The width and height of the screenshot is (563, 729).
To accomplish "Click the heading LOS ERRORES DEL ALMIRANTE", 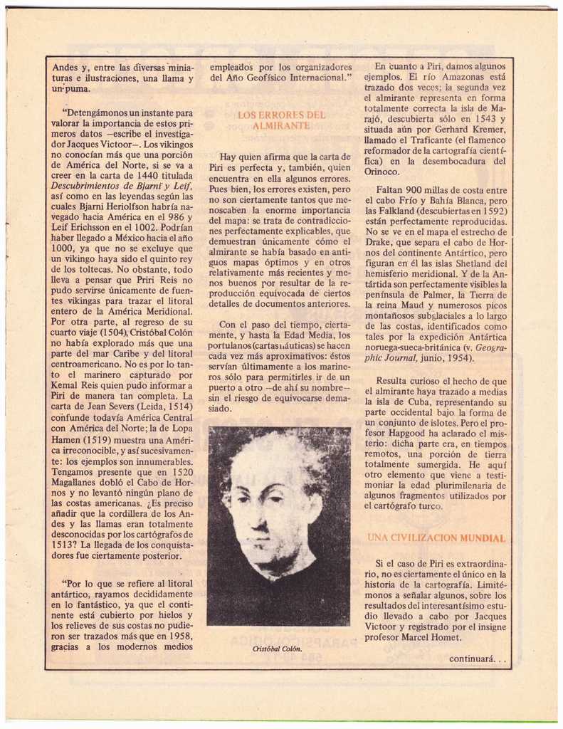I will point(281,120).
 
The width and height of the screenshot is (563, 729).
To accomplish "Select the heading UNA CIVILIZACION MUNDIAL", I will point(436,537).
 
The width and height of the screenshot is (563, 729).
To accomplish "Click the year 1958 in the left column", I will point(181,636).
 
